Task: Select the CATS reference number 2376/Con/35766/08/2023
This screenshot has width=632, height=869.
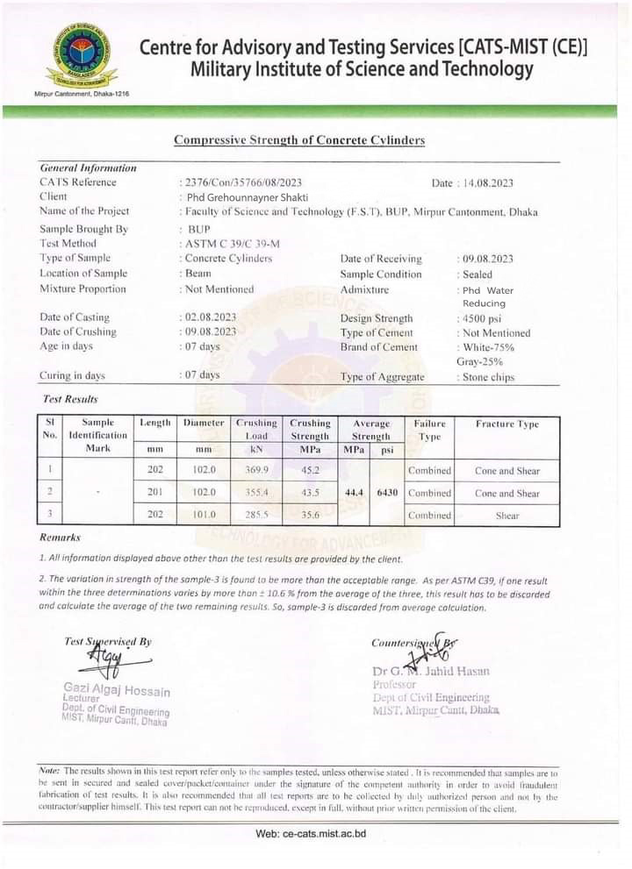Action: (x=243, y=182)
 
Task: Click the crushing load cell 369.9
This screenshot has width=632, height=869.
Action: (x=255, y=470)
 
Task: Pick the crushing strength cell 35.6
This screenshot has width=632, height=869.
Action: (x=310, y=516)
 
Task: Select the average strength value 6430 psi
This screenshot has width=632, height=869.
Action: (x=387, y=493)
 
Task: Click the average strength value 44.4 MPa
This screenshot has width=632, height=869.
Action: (x=355, y=493)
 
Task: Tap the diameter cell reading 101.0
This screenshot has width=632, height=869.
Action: (x=204, y=516)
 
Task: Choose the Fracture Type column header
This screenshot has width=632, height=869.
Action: (x=506, y=424)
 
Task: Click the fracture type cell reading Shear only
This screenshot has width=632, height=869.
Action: (x=506, y=516)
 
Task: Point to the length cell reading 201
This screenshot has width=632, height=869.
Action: (x=155, y=493)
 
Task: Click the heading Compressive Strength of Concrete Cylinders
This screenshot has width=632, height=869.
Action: (x=298, y=140)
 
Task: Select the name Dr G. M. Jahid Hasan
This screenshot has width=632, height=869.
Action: (x=431, y=672)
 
